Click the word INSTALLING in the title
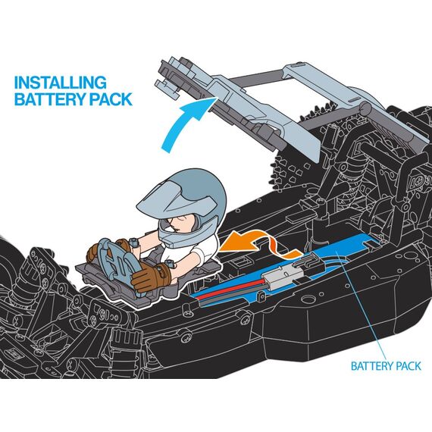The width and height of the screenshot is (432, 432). point(61,82)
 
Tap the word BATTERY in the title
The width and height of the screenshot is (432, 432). point(46,99)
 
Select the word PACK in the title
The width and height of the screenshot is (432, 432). point(108,99)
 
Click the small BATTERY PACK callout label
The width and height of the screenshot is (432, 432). point(386,366)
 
